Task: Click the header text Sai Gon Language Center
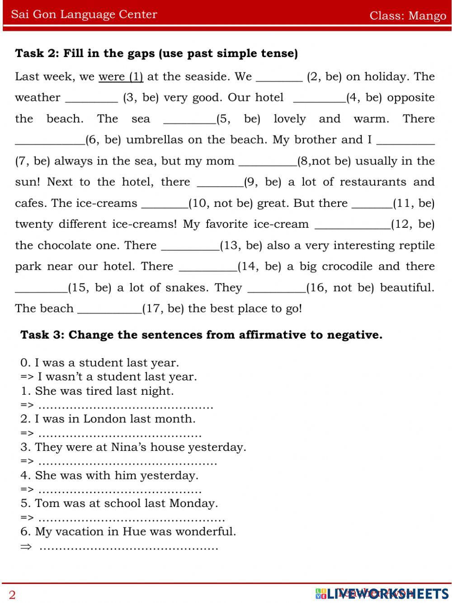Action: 84,14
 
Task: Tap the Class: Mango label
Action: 408,15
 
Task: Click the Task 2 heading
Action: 156,53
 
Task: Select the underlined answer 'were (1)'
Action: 121,77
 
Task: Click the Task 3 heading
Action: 201,335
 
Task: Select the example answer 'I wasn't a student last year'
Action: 117,377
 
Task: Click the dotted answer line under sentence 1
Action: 126,406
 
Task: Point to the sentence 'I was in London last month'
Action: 115,419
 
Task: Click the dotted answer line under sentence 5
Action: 132,519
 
